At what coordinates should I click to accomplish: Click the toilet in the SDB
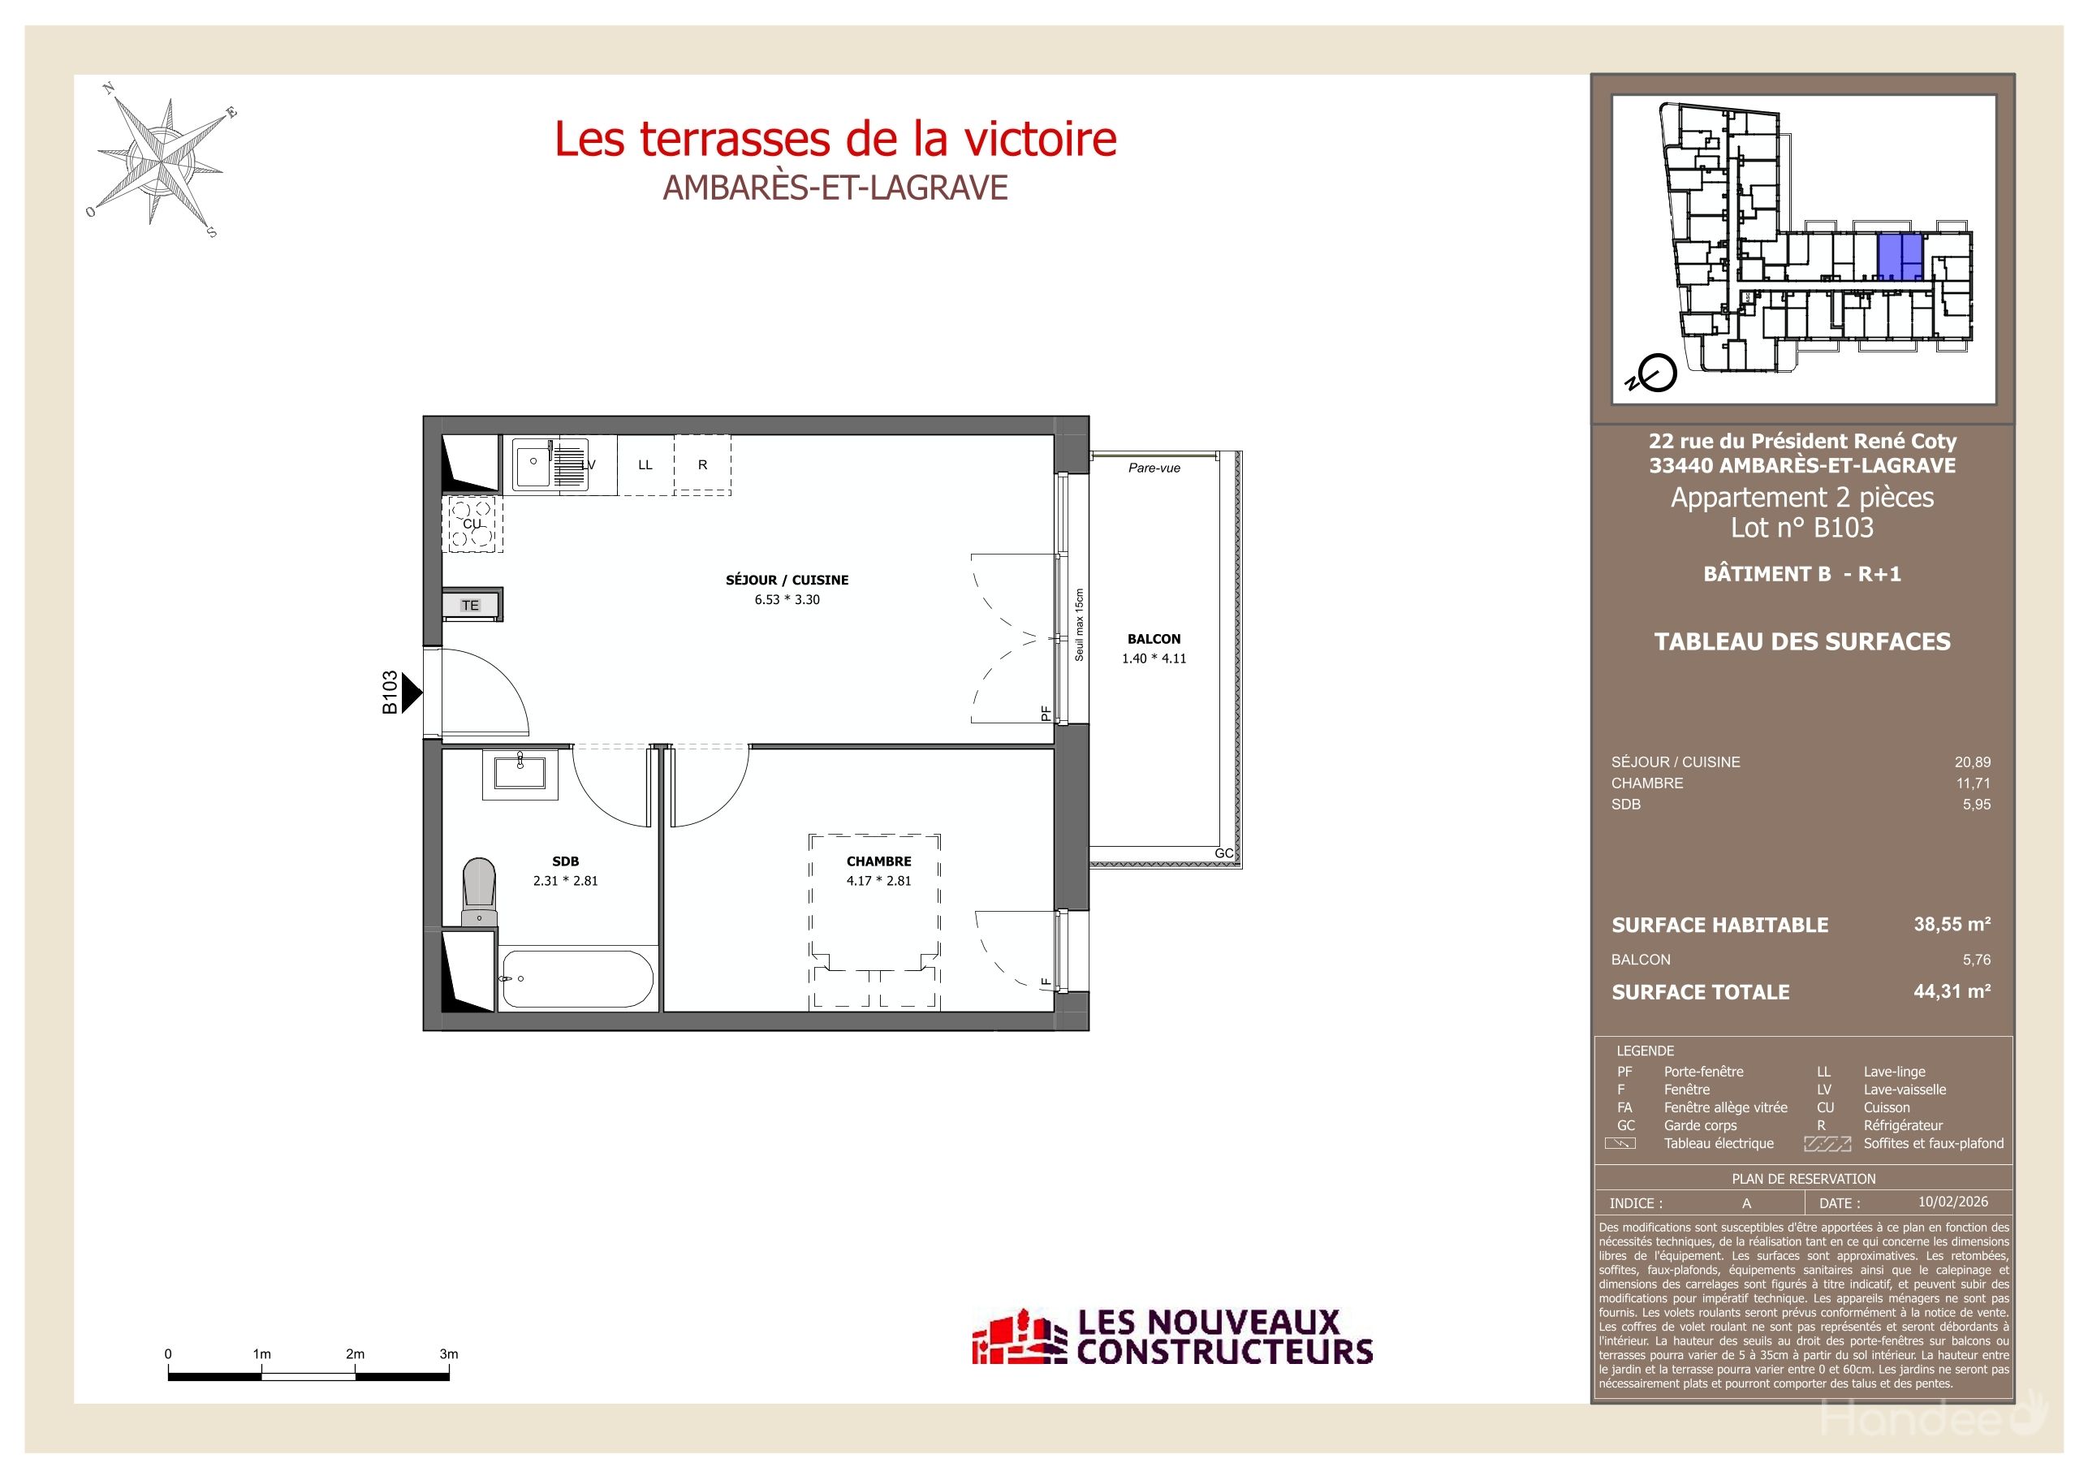pyautogui.click(x=478, y=891)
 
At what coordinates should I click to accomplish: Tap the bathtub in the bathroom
pyautogui.click(x=576, y=978)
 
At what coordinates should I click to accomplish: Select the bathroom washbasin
pyautogui.click(x=520, y=773)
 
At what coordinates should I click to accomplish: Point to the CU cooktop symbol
pyautogui.click(x=472, y=524)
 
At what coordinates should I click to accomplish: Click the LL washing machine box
pyautogui.click(x=645, y=464)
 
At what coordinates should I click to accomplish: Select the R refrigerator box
pyautogui.click(x=702, y=464)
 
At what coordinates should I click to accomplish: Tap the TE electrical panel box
pyautogui.click(x=470, y=605)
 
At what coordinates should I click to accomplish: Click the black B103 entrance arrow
pyautogui.click(x=411, y=693)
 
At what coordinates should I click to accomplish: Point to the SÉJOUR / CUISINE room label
pyautogui.click(x=787, y=580)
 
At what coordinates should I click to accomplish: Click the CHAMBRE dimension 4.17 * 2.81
pyautogui.click(x=878, y=880)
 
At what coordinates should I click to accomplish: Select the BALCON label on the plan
pyautogui.click(x=1153, y=638)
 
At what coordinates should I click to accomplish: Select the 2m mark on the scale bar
pyautogui.click(x=355, y=1354)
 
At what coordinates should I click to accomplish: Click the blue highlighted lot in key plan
pyautogui.click(x=1899, y=257)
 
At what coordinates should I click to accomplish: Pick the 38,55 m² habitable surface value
pyautogui.click(x=1952, y=924)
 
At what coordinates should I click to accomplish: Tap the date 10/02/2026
pyautogui.click(x=1952, y=1202)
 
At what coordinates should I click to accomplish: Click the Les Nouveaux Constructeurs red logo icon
pyautogui.click(x=1019, y=1338)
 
